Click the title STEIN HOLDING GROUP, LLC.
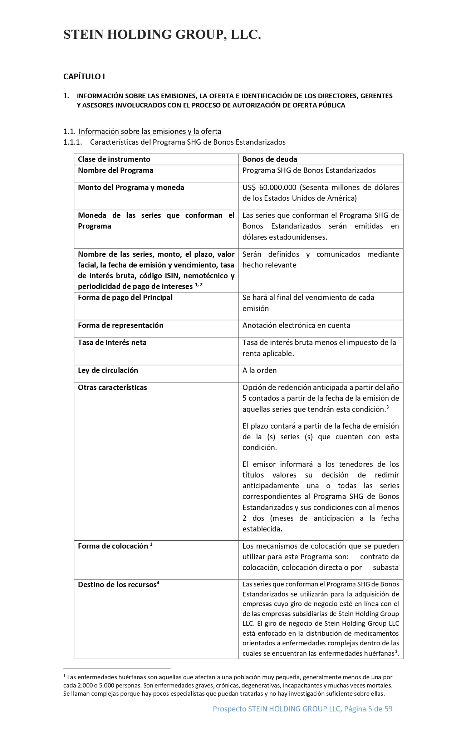162,35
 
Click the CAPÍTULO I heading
84,76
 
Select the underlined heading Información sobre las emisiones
150,131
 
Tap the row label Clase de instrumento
114,159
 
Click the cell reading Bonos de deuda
270,159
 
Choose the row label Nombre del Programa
116,170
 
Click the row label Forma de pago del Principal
125,297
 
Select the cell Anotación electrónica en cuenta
296,325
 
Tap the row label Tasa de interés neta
112,342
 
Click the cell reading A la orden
259,370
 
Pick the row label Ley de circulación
108,370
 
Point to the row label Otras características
112,387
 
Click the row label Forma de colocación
113,546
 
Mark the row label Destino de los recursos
117,585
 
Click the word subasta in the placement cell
386,567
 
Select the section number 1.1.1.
73,142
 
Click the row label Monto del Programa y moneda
131,187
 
